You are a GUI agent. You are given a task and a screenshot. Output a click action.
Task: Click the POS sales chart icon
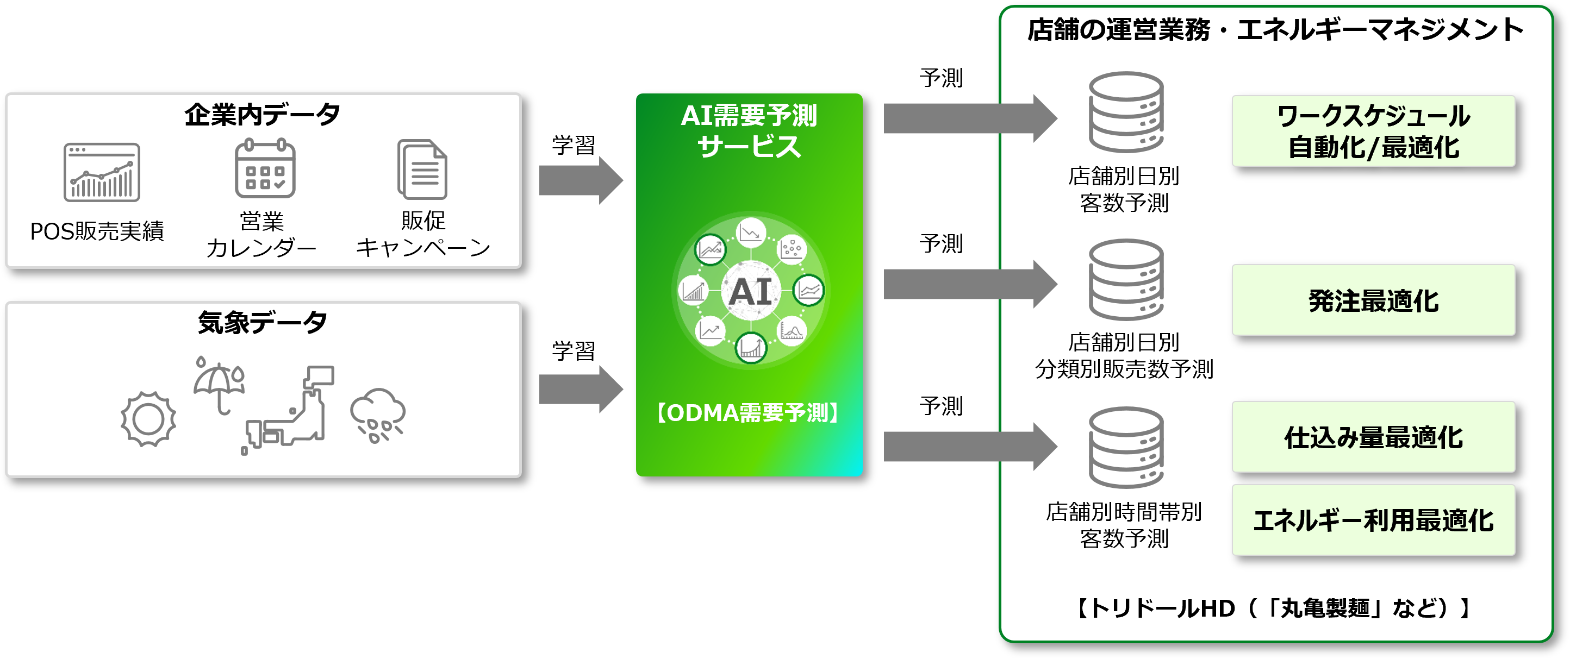(102, 172)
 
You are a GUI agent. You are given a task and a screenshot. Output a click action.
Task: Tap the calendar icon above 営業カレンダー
(265, 169)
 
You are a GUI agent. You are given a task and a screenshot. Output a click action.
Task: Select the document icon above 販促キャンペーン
(422, 170)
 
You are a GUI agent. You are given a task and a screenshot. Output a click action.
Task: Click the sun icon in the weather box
(148, 419)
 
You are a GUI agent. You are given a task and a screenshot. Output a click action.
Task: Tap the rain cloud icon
(377, 415)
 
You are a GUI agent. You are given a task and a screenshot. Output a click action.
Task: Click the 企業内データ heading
(263, 115)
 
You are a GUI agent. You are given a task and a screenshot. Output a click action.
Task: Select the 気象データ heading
(263, 322)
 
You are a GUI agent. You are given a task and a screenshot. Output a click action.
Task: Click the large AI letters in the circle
(750, 292)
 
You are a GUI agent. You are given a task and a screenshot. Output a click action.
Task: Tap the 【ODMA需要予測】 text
(749, 413)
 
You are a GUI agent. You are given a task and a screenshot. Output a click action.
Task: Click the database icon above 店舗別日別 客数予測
(1126, 112)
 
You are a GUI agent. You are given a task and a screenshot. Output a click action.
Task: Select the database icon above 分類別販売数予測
(1126, 280)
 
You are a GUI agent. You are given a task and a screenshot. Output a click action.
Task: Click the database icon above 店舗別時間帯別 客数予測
(1126, 447)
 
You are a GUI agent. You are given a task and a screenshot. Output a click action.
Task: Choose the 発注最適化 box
(1373, 300)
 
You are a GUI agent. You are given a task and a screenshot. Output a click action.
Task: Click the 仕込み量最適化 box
(1373, 437)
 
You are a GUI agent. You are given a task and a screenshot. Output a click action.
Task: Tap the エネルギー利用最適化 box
(1373, 520)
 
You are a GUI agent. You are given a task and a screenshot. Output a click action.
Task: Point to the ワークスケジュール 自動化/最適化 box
(1373, 131)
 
